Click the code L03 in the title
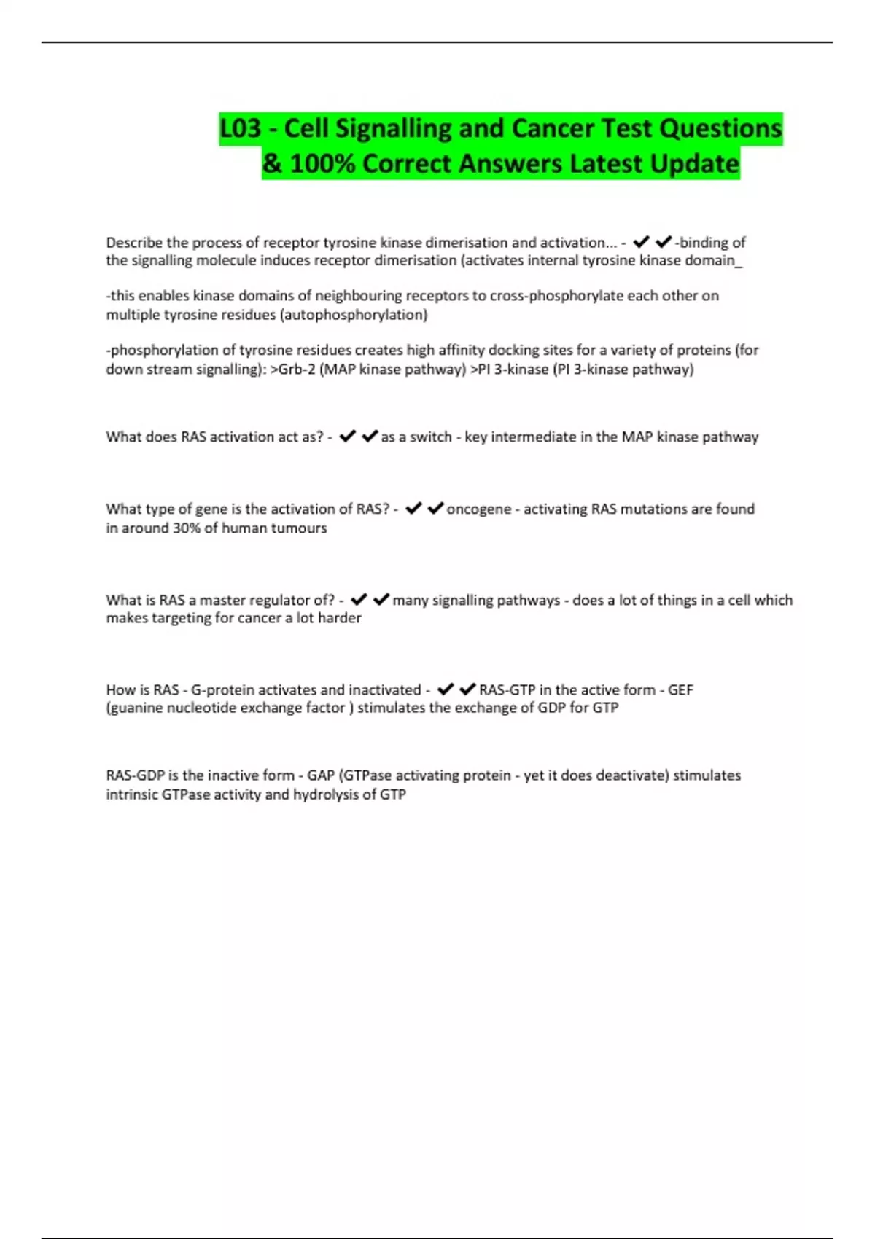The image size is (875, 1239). (x=241, y=129)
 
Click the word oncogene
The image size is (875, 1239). (x=478, y=509)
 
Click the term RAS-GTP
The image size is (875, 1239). (x=507, y=690)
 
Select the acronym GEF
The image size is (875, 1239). (x=680, y=690)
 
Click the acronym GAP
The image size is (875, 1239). (x=321, y=775)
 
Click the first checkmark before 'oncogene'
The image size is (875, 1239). (x=413, y=509)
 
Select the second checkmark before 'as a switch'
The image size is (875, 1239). (x=370, y=437)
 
